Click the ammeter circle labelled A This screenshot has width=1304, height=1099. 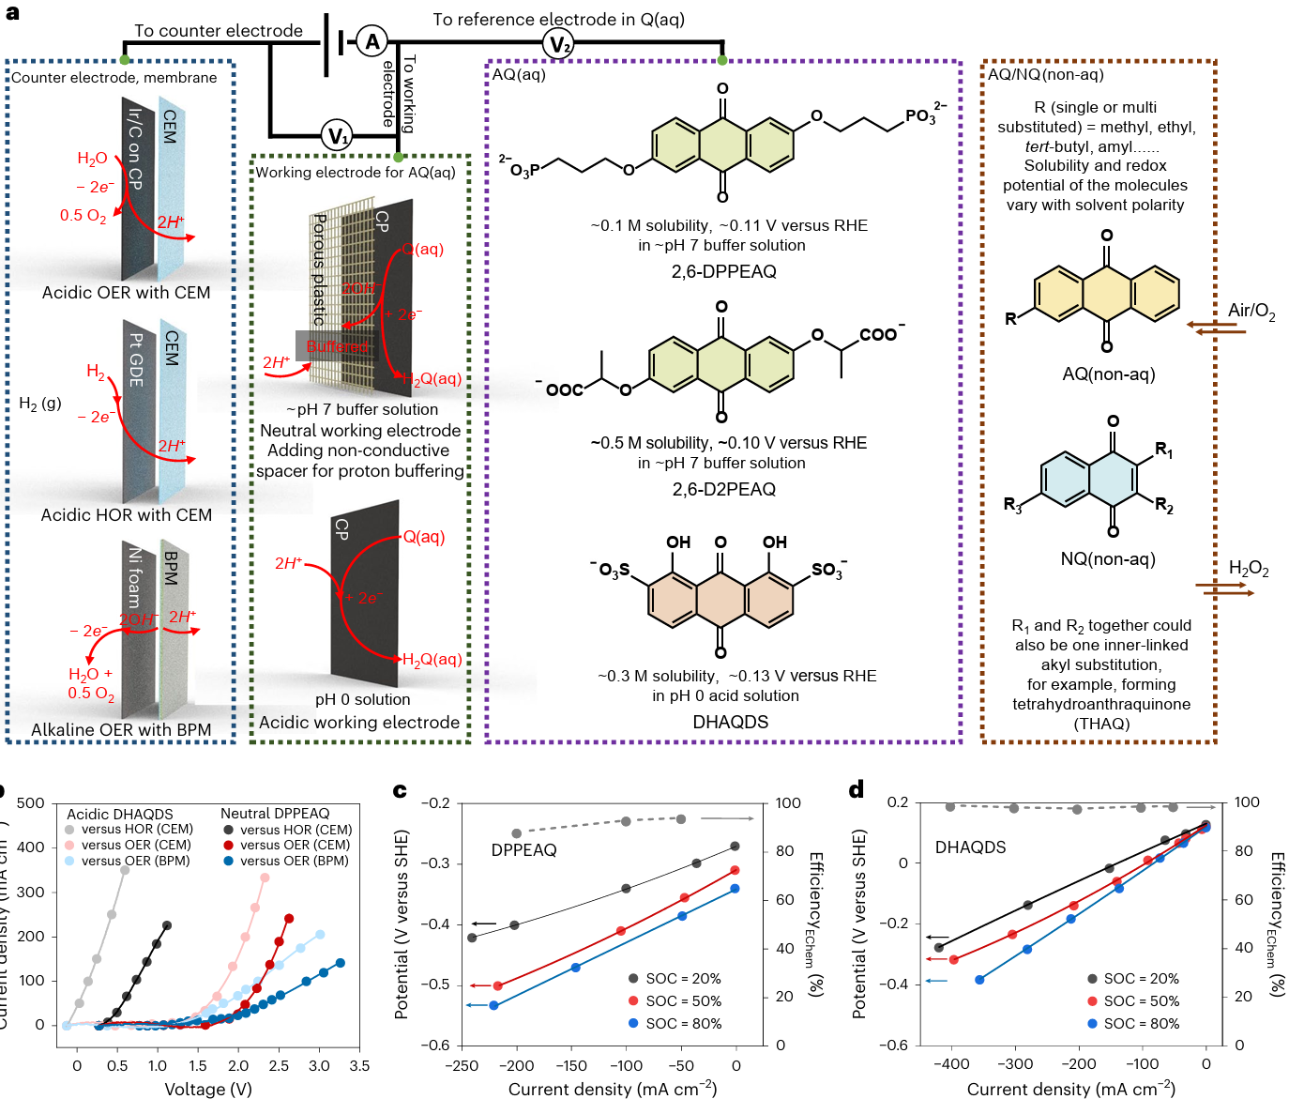(372, 41)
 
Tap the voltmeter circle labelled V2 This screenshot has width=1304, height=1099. (559, 44)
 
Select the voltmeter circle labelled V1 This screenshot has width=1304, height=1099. (338, 136)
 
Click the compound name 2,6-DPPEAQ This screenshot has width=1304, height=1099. (723, 272)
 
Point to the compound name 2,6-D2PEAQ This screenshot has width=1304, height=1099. (723, 490)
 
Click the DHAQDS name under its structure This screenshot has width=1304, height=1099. (730, 722)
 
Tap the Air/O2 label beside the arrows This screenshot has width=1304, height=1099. (1251, 311)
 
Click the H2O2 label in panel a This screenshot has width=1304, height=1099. (1249, 569)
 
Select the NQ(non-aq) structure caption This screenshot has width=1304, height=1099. (1108, 559)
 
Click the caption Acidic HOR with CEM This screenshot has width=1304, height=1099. (127, 515)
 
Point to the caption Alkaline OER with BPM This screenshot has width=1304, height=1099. (121, 730)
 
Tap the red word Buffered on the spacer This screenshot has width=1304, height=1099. (337, 346)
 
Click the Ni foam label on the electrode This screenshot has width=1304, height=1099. (135, 577)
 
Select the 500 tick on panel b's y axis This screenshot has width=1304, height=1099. (31, 803)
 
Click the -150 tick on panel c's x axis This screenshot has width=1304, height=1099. (571, 1066)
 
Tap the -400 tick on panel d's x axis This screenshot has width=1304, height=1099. (951, 1064)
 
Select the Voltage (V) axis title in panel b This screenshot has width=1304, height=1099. (208, 1090)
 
